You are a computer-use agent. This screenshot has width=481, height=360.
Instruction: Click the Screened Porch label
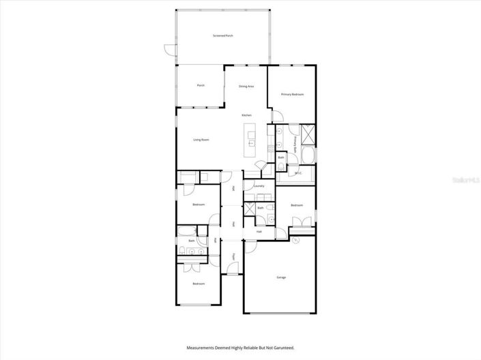point(223,35)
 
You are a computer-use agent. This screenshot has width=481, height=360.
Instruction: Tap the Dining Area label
point(246,87)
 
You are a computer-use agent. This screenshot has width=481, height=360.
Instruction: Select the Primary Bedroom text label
point(292,94)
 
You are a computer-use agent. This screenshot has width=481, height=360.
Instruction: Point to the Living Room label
point(201,140)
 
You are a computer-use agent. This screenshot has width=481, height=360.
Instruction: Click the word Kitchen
point(247,116)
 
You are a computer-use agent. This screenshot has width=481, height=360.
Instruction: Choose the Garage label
point(281,277)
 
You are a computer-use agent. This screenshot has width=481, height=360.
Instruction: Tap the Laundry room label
point(259,186)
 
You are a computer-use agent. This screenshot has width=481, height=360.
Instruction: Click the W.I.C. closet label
point(298,174)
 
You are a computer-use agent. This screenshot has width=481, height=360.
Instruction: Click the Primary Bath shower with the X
point(307,134)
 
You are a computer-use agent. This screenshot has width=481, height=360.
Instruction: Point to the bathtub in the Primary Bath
point(307,157)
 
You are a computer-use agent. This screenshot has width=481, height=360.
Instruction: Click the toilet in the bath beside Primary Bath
point(282,167)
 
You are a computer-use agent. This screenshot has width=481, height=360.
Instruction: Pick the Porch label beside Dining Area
point(201,85)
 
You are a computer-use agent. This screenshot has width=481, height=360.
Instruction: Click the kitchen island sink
point(250,144)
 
